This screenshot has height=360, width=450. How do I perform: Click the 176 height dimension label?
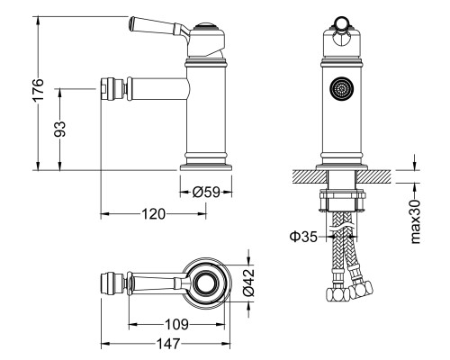point(38,90)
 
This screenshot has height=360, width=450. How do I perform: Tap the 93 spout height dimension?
point(59,129)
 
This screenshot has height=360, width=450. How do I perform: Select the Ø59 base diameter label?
point(206,192)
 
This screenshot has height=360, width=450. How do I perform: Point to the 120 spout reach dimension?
point(153,214)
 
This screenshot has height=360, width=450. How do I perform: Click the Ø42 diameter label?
point(248,282)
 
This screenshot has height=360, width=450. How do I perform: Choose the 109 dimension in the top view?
point(176,324)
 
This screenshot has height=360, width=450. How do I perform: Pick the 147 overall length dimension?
point(168,344)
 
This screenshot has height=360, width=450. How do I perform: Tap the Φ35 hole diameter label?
point(303,237)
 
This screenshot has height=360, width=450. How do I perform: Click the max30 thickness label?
point(416,221)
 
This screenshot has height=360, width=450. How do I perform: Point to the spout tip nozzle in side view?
point(112,89)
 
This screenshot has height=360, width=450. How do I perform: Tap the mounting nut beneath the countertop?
point(343,201)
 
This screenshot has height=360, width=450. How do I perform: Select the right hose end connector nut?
point(361,289)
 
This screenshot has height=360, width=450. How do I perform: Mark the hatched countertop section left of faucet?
point(310,176)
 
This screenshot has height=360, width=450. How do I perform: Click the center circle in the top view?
point(206,283)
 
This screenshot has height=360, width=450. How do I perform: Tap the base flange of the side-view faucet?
point(206,167)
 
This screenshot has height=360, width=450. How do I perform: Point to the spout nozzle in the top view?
point(112,283)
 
